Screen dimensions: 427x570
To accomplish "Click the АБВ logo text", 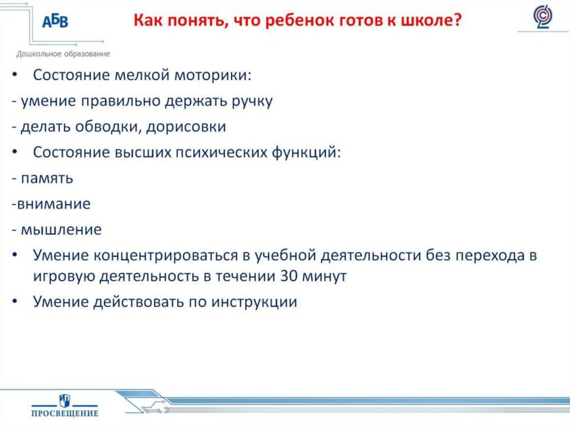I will click(55, 22).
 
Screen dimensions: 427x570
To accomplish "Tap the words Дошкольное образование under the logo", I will click(63, 54).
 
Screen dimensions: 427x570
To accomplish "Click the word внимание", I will click(53, 204).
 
